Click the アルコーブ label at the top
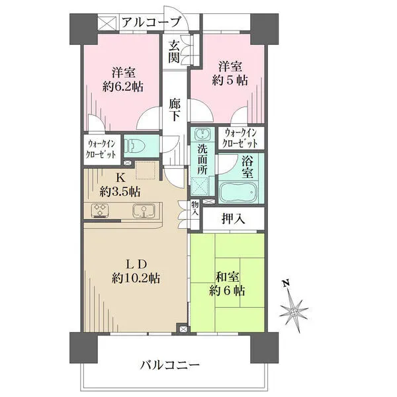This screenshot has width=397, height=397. tap(152, 22)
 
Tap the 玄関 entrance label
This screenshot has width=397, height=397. tap(174, 52)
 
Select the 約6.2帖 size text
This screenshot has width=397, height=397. tap(123, 87)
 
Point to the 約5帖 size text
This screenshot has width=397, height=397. tap(230, 80)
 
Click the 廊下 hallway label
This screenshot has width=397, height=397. tap(175, 110)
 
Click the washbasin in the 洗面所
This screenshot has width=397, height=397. tap(202, 134)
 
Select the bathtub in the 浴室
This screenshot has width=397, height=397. tap(238, 191)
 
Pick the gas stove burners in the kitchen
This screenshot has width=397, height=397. tap(101, 210)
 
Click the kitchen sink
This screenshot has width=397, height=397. tap(144, 210)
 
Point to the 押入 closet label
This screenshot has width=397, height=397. tap(233, 218)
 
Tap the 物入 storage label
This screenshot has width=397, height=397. tap(195, 208)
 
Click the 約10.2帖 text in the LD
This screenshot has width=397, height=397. tap(136, 279)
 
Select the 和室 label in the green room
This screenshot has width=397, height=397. tap(227, 277)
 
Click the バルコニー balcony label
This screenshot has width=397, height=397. tap(170, 365)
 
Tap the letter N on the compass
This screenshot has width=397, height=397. tap(286, 283)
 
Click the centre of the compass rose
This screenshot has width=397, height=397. tap(294, 311)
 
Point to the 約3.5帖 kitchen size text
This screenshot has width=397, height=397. tap(120, 192)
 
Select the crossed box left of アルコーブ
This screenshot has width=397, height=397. tap(107, 22)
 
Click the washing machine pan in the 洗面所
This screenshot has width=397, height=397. tap(200, 187)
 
